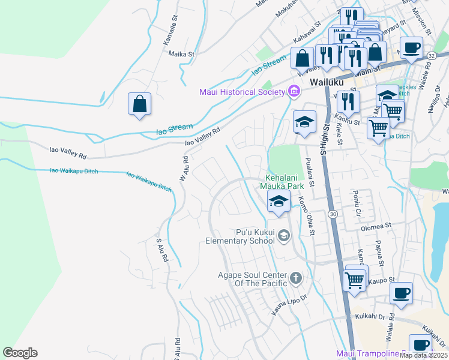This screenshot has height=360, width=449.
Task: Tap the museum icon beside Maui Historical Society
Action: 294,92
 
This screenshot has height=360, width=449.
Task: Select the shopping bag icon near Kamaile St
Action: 139,104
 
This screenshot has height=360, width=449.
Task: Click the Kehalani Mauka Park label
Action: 285,182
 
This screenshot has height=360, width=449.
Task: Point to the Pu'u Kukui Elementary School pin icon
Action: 284,236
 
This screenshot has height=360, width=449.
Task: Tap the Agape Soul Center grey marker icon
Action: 295,278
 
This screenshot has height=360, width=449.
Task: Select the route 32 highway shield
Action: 432,55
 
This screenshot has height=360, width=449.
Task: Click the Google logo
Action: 20,353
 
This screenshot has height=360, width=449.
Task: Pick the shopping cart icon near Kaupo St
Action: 355,279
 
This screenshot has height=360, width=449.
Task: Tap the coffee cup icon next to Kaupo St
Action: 401,293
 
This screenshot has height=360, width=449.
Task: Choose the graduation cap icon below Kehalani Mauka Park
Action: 279,202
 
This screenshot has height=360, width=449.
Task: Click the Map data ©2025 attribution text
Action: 423,355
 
